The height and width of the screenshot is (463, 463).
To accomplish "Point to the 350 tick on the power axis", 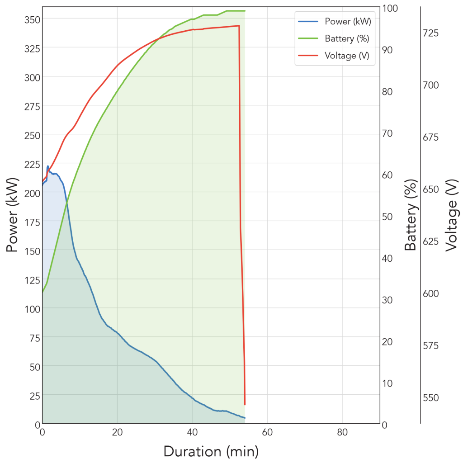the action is [x=32, y=20].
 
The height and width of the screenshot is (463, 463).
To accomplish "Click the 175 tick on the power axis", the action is [x=32, y=222].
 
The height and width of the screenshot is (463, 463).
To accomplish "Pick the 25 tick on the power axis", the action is [x=35, y=396].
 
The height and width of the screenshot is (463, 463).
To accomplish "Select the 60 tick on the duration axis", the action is [x=267, y=432].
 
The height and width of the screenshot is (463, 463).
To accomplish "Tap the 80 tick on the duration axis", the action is [x=342, y=432].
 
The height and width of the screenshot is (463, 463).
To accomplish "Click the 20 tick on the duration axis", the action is [x=117, y=432].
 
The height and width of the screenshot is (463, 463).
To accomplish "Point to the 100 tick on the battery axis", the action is [x=390, y=8].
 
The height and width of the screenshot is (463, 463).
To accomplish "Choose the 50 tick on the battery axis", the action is [x=387, y=217].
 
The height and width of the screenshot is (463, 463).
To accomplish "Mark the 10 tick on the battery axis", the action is [x=387, y=383].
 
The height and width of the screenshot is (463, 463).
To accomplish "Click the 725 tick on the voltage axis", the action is [x=431, y=33].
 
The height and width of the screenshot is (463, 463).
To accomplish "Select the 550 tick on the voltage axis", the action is [x=431, y=398].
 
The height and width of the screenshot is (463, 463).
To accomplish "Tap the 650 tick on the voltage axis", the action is [x=431, y=189].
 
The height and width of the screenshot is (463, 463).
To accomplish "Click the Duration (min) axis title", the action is [x=211, y=452].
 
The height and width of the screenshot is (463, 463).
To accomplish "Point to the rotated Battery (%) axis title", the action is [x=411, y=215].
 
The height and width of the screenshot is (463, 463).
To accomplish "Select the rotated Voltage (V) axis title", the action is [x=452, y=215].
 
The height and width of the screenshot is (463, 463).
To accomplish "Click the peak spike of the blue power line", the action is [x=48, y=166].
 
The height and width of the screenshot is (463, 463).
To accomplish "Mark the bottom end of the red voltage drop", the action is [x=245, y=405].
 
